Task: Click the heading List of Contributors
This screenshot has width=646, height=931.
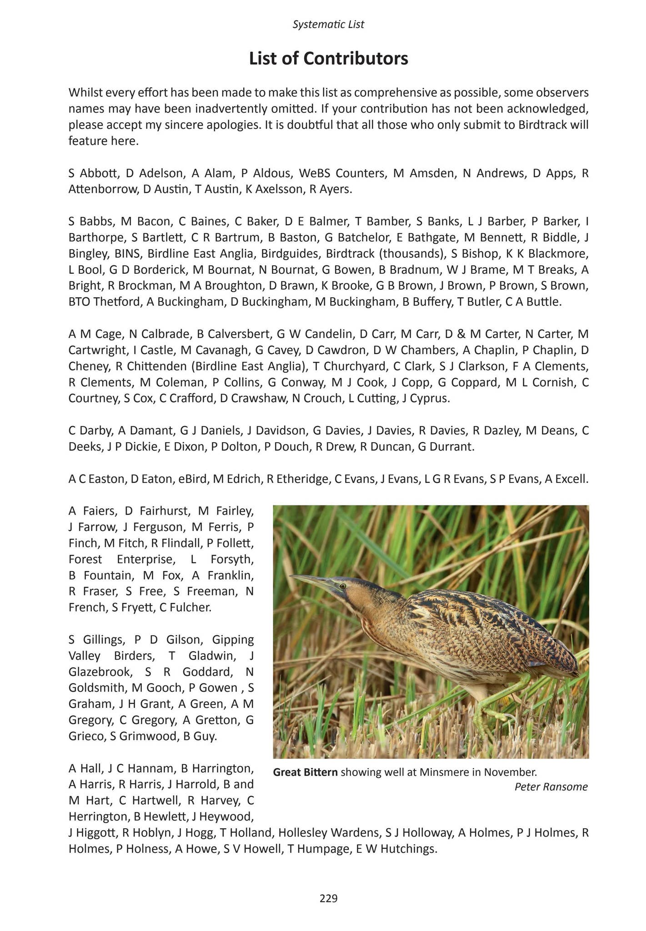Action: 328,59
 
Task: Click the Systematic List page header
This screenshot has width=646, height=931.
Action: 328,25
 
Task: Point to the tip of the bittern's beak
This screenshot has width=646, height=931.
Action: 290,576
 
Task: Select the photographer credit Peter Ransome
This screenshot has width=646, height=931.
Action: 551,787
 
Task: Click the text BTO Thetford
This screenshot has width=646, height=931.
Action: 105,301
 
